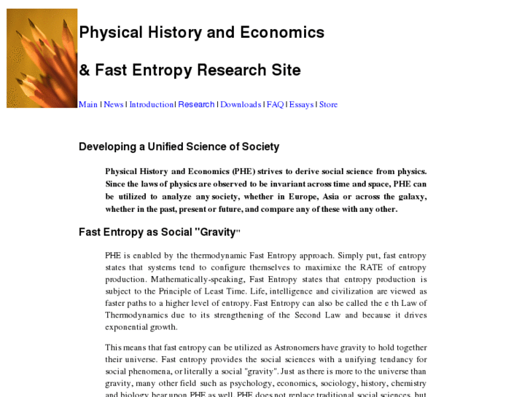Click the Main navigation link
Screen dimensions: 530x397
(x=88, y=104)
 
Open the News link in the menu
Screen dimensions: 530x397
(x=114, y=104)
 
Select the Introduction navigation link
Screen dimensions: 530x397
(x=151, y=104)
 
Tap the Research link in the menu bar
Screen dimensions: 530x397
(x=197, y=104)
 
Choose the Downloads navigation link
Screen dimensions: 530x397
(x=241, y=104)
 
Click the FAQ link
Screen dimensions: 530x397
(x=275, y=104)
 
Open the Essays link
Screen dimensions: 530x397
(x=301, y=104)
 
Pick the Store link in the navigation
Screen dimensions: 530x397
(x=329, y=104)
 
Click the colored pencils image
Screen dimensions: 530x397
(x=42, y=58)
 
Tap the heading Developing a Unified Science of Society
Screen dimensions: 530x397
(x=179, y=146)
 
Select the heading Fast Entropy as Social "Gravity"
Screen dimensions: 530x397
(x=160, y=232)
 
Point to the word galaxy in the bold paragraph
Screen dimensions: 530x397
(x=410, y=196)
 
